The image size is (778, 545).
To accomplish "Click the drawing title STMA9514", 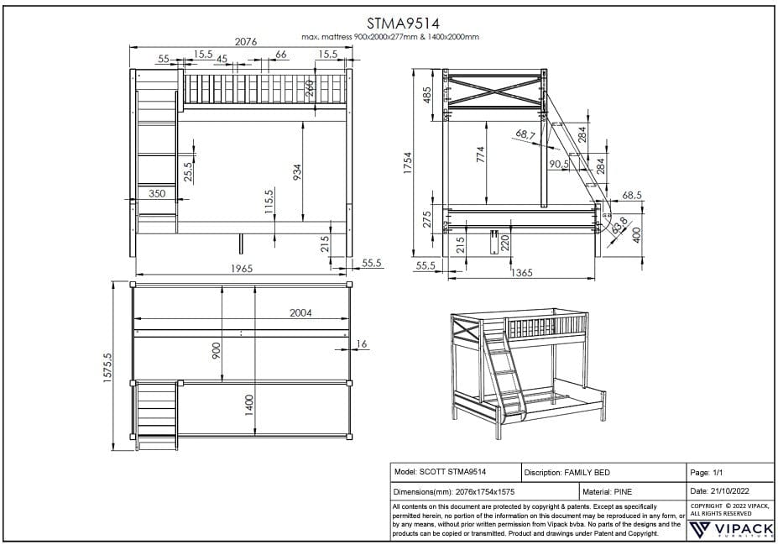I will pos(392,23).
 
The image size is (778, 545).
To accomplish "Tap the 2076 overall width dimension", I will pos(245,40).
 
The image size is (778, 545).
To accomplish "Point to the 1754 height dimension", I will pos(409,160).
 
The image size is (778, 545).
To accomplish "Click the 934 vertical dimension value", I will pos(297,172).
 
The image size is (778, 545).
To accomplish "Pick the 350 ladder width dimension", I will pos(157,193).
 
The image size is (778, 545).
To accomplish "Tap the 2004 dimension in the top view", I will pos(300,312).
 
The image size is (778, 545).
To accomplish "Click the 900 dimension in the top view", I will pos(217,350).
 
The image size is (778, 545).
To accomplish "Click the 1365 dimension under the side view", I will pos(522,271).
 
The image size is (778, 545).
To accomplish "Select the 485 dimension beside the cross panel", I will pos(426,95).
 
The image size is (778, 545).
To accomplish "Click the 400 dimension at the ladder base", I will pos(635,233).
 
